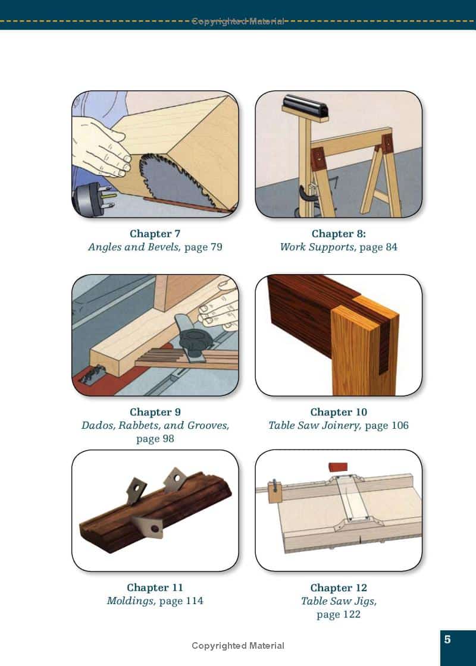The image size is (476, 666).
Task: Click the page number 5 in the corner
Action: [x=447, y=639]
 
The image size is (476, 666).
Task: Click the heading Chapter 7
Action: [x=155, y=234]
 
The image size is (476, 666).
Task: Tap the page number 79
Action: [x=216, y=247]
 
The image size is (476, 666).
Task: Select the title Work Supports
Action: [x=317, y=247]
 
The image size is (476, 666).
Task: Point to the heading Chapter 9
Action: [x=155, y=412]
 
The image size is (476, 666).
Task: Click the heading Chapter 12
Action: [x=339, y=588]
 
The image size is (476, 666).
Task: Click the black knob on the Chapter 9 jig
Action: [x=194, y=340]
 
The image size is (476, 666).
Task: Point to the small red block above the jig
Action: [x=339, y=467]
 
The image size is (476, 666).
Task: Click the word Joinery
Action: [x=340, y=426]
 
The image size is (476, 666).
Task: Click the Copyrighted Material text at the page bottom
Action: [x=238, y=646]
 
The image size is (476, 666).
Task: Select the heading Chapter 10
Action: [x=339, y=412]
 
